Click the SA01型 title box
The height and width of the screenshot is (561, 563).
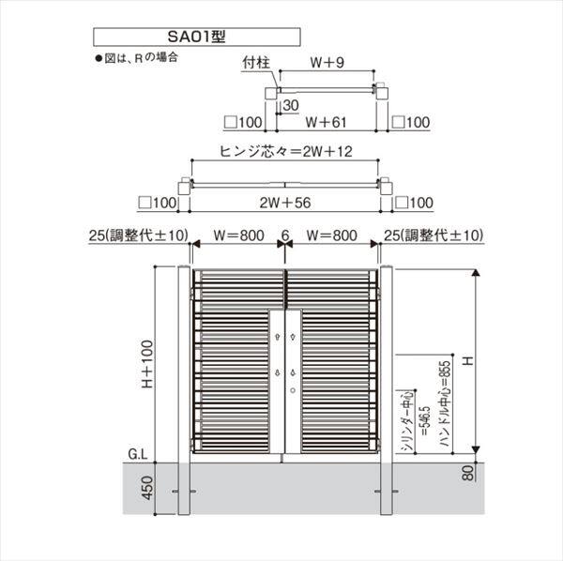(196, 38)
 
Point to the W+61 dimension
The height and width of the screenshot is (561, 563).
(328, 121)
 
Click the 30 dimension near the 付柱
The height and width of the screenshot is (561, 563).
(291, 105)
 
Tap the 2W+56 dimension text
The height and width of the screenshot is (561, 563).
(286, 202)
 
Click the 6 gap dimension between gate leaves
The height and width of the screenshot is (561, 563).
(283, 235)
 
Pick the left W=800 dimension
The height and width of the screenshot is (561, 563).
(236, 235)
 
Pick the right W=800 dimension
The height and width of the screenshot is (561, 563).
(332, 235)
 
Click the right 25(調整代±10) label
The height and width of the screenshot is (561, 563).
(432, 235)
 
